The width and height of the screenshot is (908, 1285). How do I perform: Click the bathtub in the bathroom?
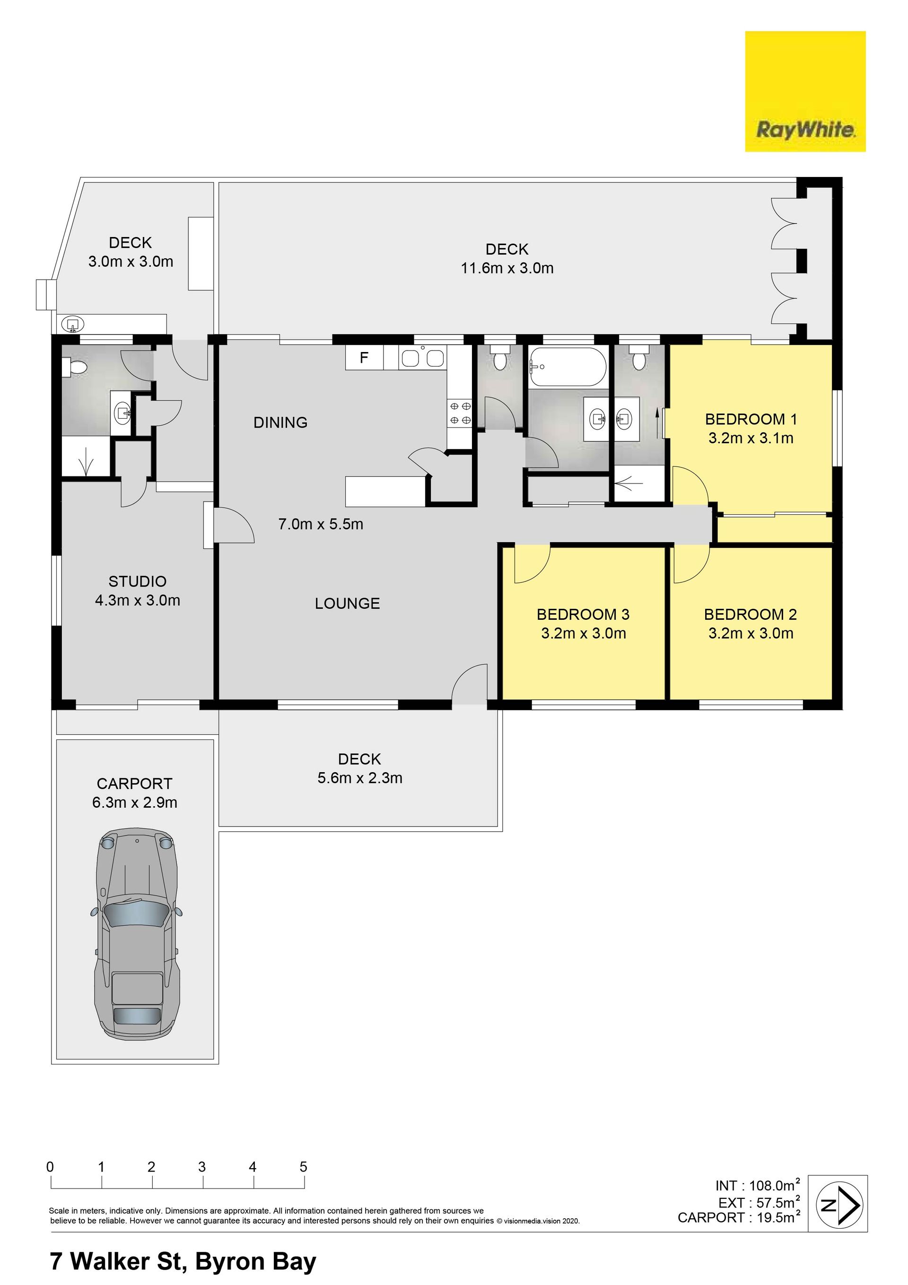568,367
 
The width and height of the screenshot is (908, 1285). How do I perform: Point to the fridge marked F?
364,358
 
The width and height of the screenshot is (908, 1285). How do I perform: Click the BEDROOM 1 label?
751,419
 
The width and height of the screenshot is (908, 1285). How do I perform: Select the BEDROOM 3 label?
583,615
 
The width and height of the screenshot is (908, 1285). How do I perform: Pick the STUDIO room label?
138,581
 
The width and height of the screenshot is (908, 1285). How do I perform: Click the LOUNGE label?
348,603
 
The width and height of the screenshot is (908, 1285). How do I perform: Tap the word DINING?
280,422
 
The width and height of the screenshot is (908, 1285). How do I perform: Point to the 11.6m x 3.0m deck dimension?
507,268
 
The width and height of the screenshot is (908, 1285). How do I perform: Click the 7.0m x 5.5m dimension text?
321,524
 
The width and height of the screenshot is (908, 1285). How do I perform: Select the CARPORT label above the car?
134,783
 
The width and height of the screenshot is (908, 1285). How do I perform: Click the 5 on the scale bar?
303,1167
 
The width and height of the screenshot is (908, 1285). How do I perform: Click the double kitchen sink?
422,358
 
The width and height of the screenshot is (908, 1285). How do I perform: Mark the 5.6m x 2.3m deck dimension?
360,778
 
